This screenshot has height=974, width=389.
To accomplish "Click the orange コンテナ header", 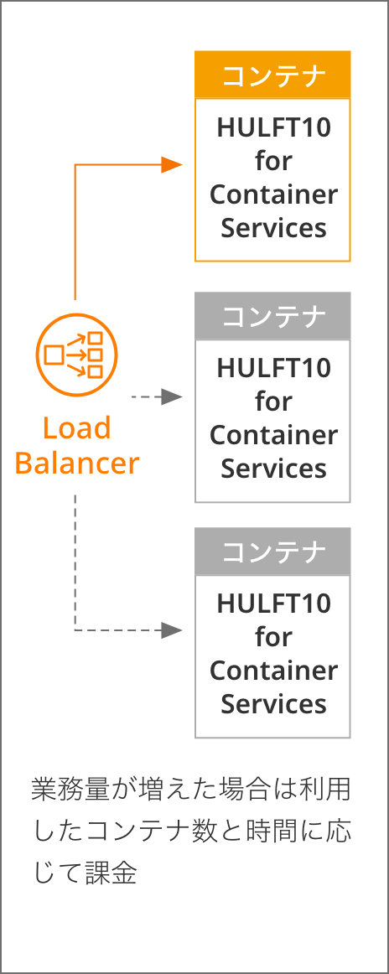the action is tap(272, 75).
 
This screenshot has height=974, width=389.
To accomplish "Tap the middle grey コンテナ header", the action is tap(272, 315).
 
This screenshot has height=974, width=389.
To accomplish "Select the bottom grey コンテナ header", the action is tap(272, 551).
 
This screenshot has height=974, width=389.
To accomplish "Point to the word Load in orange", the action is tap(77, 428).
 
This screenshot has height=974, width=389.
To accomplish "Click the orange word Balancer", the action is tap(77, 463).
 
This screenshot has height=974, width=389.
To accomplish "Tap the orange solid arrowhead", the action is tap(172, 164).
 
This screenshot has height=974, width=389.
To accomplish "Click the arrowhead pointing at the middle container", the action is tap(172, 396).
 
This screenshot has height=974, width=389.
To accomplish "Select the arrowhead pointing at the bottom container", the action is tap(172, 630).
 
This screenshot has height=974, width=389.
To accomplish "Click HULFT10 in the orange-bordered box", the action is tap(273, 128).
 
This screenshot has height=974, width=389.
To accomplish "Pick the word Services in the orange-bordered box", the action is tap(273, 228).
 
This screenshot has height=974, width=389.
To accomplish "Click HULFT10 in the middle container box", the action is tap(273, 368).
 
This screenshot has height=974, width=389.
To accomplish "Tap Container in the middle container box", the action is tap(273, 435).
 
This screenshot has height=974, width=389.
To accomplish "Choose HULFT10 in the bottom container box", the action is tap(273, 604).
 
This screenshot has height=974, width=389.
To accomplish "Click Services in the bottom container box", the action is tap(273, 704).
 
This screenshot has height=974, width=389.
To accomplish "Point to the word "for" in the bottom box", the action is tap(273, 637).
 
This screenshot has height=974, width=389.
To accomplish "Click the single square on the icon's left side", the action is tap(54, 355).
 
